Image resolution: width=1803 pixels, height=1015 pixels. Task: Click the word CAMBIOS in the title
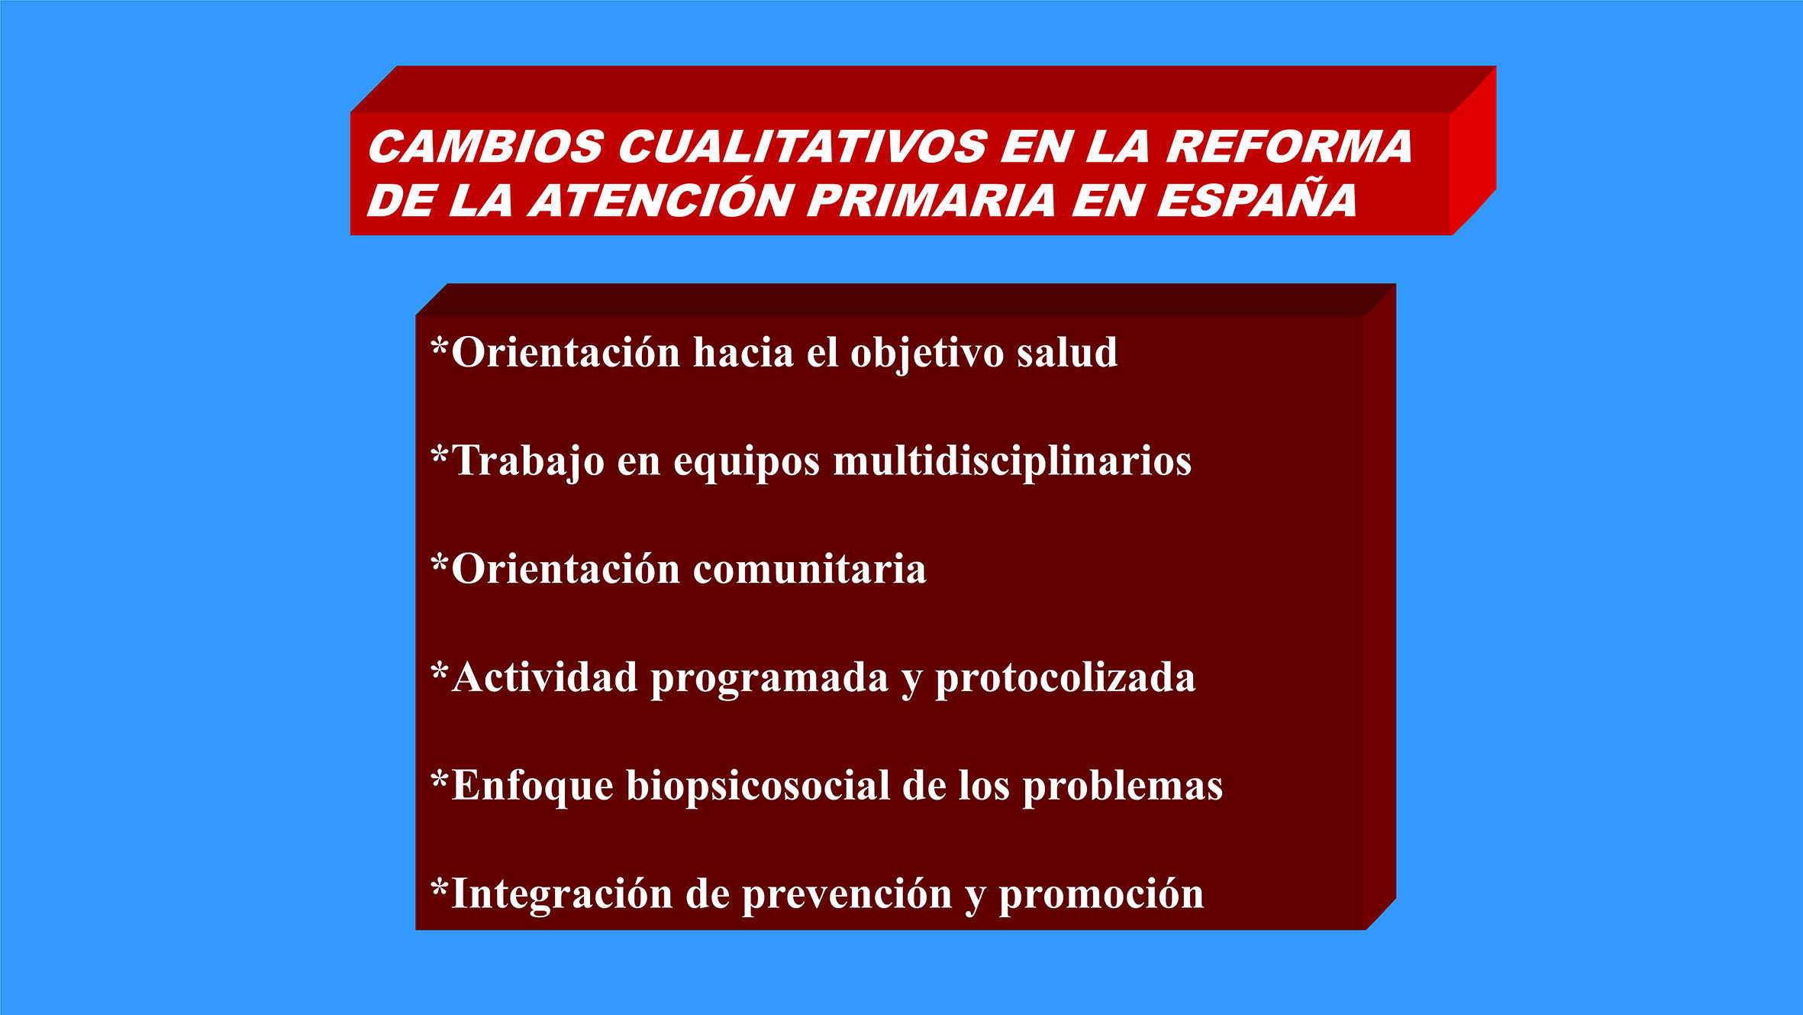pyautogui.click(x=486, y=146)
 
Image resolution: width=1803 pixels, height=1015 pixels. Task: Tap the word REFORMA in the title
pyautogui.click(x=1289, y=146)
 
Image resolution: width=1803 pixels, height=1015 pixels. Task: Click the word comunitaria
pyautogui.click(x=810, y=570)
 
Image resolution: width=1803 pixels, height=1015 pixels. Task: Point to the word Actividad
pyautogui.click(x=544, y=677)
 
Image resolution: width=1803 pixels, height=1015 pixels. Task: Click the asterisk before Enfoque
pyautogui.click(x=440, y=781)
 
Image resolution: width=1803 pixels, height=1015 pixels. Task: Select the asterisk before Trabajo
pyautogui.click(x=440, y=456)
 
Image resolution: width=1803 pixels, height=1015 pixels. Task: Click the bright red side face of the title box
pyautogui.click(x=1473, y=151)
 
